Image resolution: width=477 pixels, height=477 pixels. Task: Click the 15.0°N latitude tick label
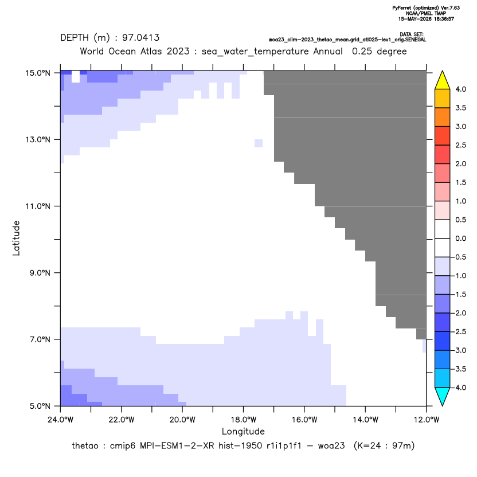point(38,73)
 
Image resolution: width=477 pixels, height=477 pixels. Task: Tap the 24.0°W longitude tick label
point(61,420)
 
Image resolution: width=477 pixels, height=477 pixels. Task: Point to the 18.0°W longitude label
point(243,420)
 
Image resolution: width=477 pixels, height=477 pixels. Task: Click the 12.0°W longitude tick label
point(427,420)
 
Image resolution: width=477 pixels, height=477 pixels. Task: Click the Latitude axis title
point(16,238)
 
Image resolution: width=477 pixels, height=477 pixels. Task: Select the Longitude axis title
point(243,431)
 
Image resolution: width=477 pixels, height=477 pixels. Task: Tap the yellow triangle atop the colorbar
point(443,80)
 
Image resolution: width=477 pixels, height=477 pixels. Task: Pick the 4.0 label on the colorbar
point(460,89)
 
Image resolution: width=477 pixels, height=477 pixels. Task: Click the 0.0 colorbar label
point(460,238)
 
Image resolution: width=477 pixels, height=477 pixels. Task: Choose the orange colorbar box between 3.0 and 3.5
point(443,117)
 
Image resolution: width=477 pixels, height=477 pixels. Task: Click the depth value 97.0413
point(141,38)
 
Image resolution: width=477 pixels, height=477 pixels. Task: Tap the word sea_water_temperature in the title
point(255,52)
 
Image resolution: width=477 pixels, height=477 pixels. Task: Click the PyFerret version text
point(426,8)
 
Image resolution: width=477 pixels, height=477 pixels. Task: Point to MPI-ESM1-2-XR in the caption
point(177,445)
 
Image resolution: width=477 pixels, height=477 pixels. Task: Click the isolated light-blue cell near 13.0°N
point(259,143)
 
